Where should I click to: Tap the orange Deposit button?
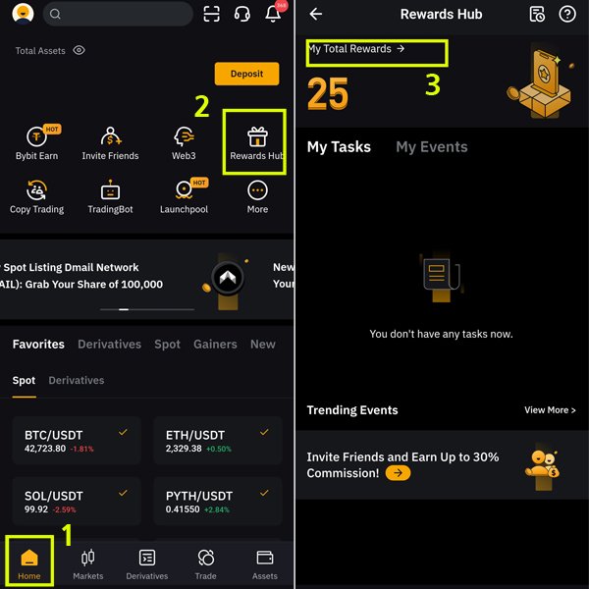(x=246, y=74)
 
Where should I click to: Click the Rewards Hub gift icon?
(x=257, y=136)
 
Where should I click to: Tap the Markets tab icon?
(x=88, y=558)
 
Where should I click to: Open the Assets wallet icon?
(x=265, y=558)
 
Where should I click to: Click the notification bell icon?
(x=273, y=15)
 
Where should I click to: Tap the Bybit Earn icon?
(x=37, y=136)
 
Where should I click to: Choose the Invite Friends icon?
(x=110, y=136)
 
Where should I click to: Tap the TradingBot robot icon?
(x=110, y=189)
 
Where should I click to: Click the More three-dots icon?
(x=257, y=190)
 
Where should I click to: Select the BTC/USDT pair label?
(x=53, y=435)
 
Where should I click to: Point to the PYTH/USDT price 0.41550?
(x=183, y=509)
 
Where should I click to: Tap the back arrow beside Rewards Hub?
(x=316, y=15)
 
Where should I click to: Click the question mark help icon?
(x=567, y=15)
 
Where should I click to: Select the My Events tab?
(x=432, y=147)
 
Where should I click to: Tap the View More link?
(x=550, y=409)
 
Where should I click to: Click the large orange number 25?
(x=328, y=93)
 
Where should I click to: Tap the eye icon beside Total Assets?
(x=79, y=50)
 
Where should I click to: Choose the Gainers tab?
(x=215, y=345)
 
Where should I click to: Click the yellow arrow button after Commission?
(x=398, y=473)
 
